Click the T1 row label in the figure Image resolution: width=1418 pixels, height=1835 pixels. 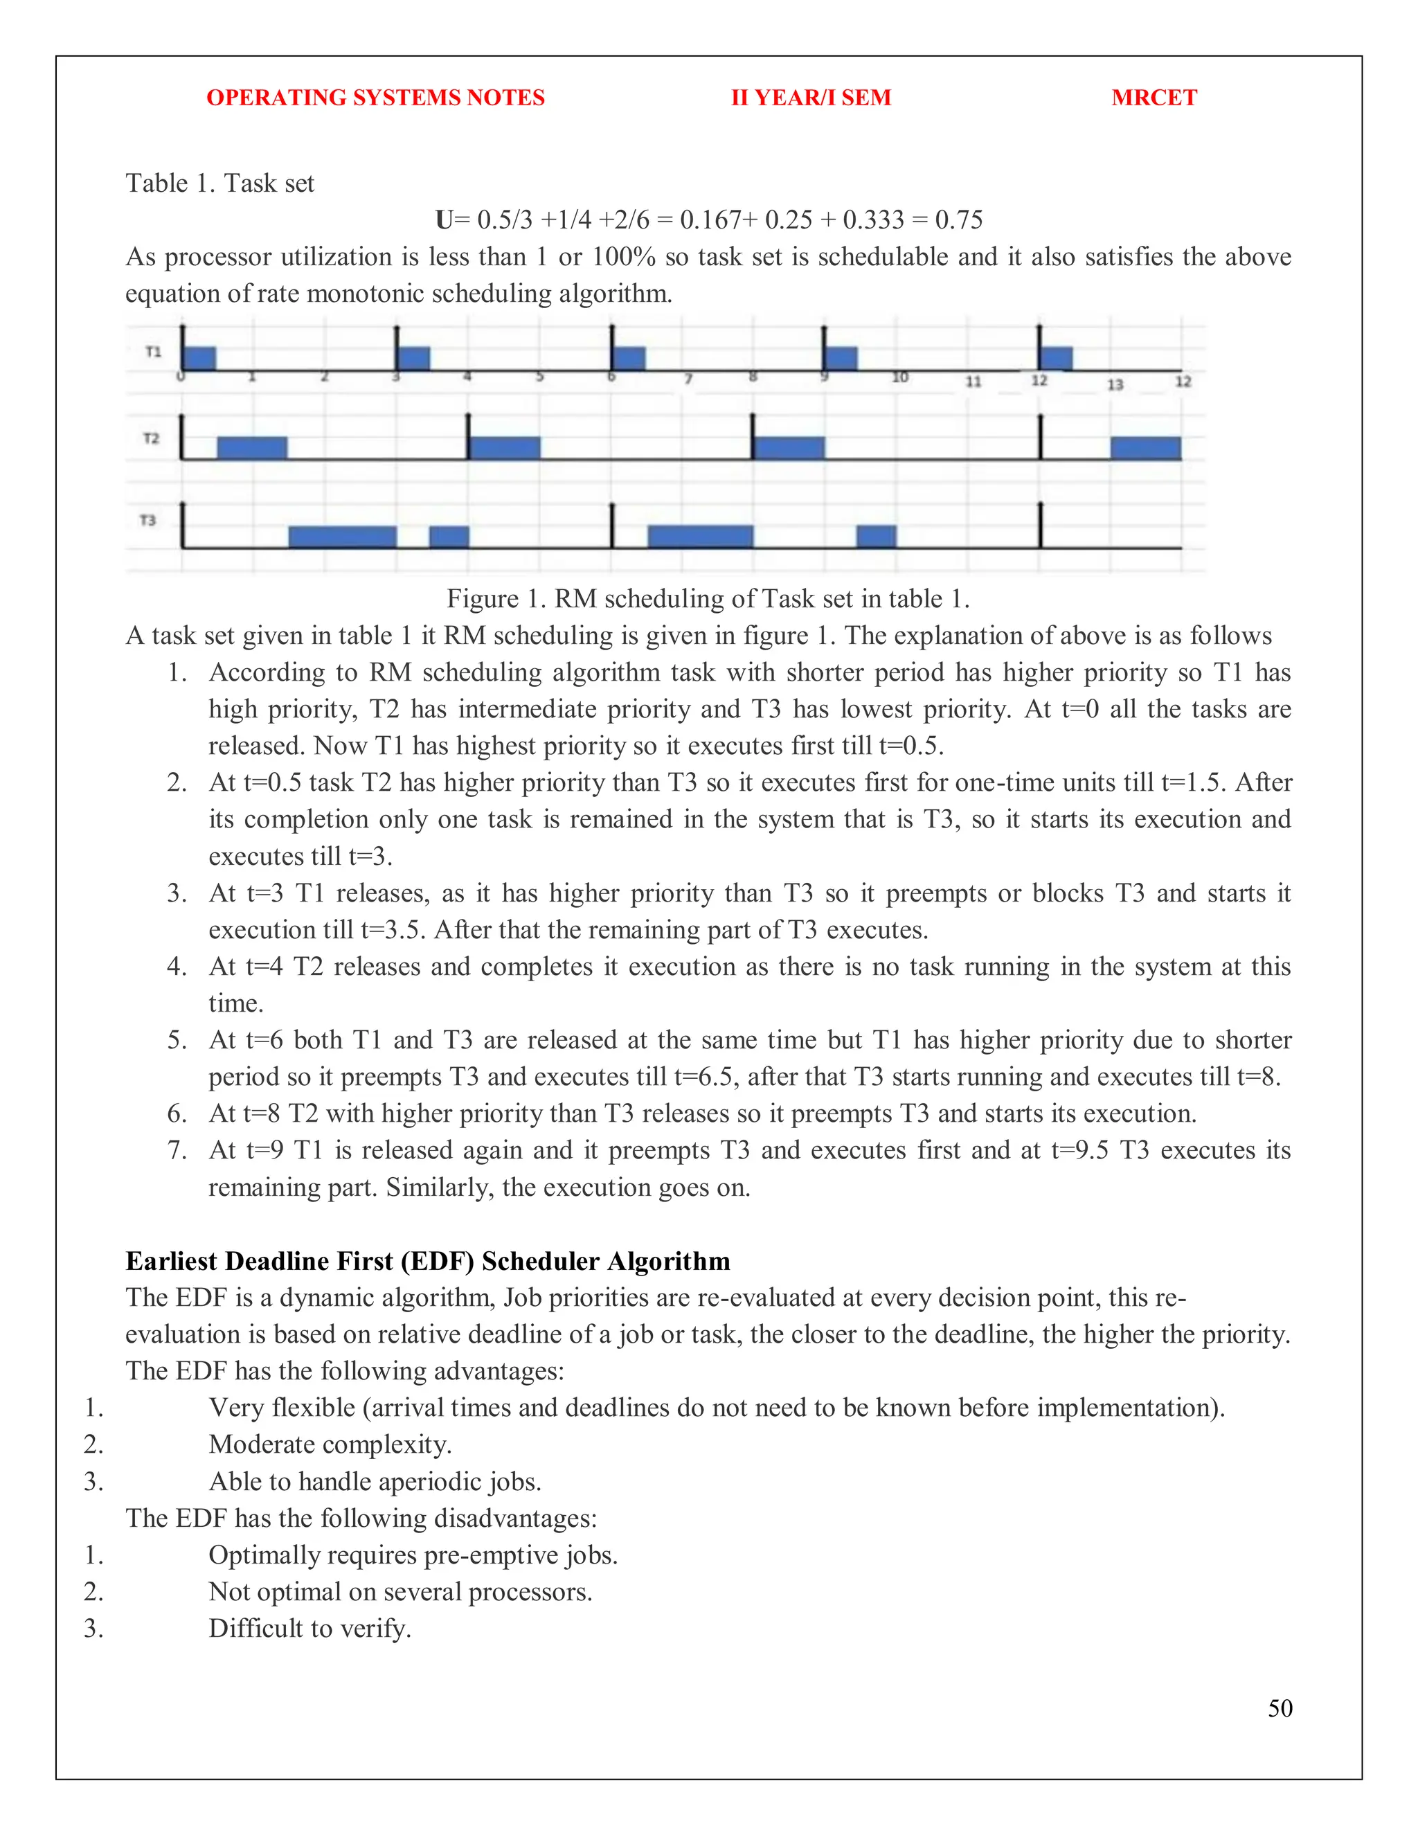click(x=153, y=351)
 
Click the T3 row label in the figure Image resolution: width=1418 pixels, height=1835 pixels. click(x=148, y=521)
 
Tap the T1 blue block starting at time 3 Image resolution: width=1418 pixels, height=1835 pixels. click(x=413, y=358)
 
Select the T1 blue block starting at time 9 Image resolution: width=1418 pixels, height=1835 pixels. click(x=841, y=358)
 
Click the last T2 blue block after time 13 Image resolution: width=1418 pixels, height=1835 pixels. click(x=1145, y=448)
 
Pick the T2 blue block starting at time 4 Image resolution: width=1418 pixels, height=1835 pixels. click(x=504, y=448)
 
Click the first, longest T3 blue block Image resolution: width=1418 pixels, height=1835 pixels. click(x=342, y=537)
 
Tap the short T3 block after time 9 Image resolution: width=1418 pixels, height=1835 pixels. click(x=876, y=536)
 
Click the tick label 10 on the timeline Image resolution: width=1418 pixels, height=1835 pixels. click(x=899, y=377)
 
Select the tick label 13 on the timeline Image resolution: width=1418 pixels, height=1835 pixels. click(x=1115, y=385)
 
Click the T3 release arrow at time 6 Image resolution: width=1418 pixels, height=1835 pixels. click(x=612, y=525)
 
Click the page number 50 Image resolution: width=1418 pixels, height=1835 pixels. click(x=1280, y=1708)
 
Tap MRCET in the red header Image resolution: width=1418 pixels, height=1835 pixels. click(x=1154, y=98)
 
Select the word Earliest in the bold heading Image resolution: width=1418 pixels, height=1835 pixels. click(x=172, y=1261)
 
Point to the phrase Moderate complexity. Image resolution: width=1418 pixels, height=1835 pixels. click(x=330, y=1444)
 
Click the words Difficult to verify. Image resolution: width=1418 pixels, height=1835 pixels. click(x=310, y=1629)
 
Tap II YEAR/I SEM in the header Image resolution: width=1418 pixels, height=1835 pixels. click(x=811, y=98)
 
